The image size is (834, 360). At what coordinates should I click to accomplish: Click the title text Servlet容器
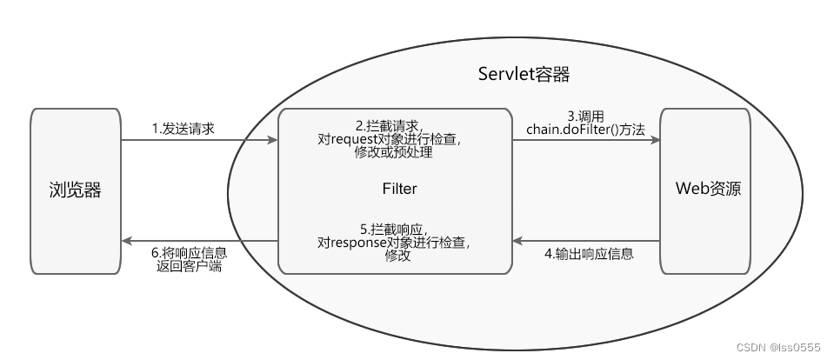[x=524, y=74]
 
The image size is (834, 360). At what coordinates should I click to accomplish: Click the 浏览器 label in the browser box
[x=75, y=190]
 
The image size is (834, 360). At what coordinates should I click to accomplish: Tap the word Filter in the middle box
[x=399, y=188]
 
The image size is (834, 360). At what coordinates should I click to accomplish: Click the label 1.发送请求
[x=183, y=128]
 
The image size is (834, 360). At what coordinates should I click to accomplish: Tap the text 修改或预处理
[x=394, y=153]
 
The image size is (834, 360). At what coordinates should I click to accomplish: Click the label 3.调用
[x=585, y=115]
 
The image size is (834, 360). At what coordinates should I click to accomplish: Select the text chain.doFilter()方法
[x=585, y=129]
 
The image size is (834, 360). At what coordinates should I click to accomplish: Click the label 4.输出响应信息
[x=589, y=254]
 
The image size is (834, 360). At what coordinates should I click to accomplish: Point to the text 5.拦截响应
[x=394, y=229]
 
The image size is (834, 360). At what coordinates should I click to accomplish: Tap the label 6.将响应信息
[x=189, y=253]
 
